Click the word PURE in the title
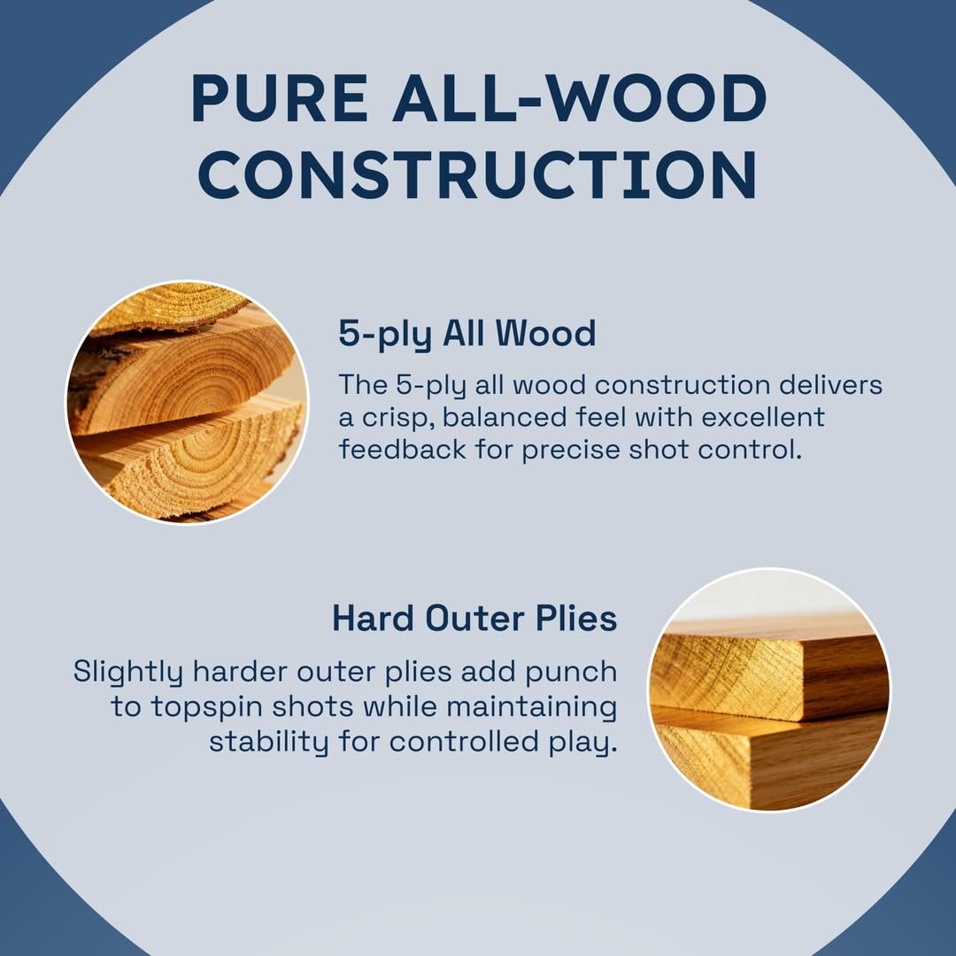coord(280,98)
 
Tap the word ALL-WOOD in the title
coord(580,98)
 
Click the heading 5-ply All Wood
coord(467,334)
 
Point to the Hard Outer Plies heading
coord(474,618)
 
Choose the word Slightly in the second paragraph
coord(128,672)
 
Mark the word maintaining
coord(532,707)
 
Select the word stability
coord(268,742)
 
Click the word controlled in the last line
coord(464,742)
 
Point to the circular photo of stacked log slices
coord(187,402)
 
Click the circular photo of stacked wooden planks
coord(768,690)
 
